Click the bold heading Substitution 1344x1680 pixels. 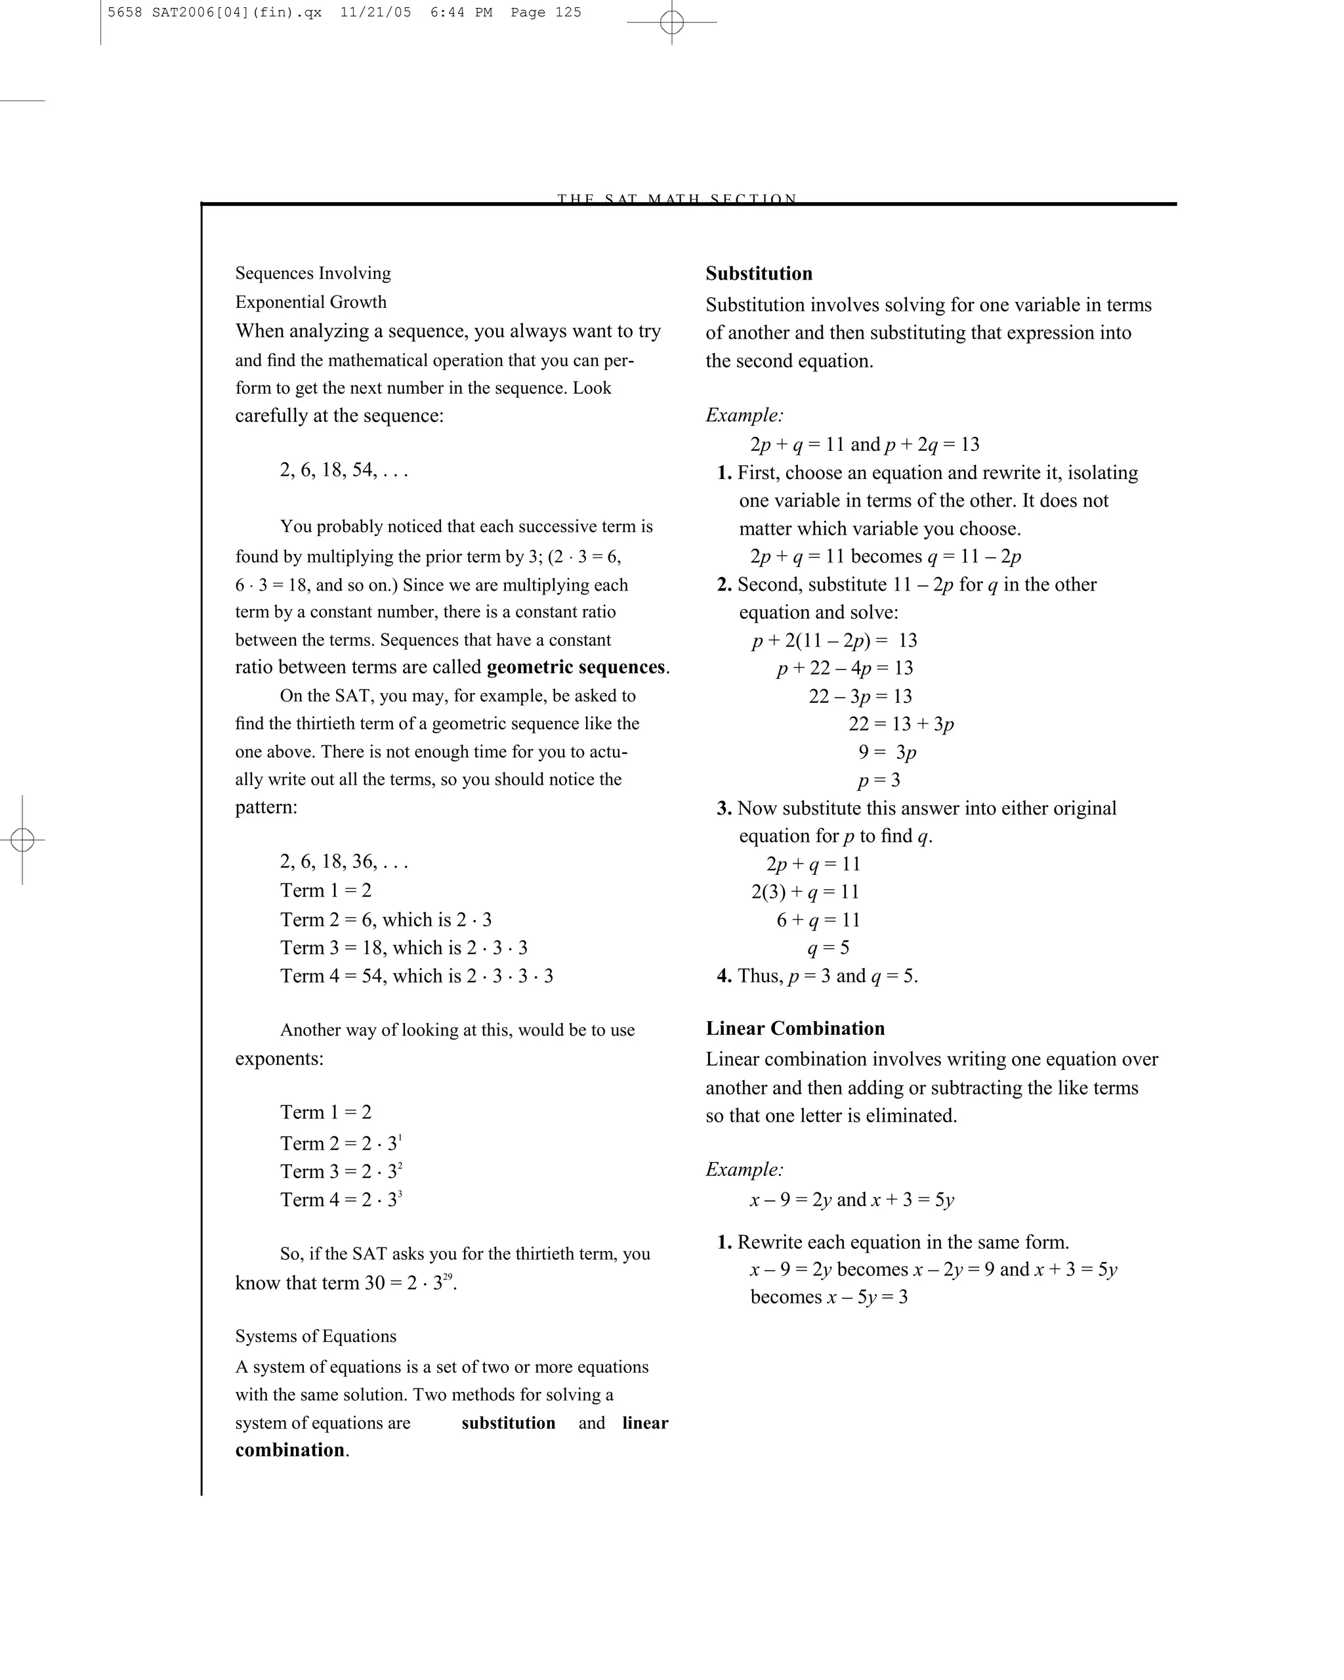pos(758,274)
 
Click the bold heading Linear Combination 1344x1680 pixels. pos(795,1028)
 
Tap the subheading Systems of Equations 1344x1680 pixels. pos(316,1336)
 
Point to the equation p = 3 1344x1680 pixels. pos(878,780)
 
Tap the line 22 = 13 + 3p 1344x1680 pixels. pos(900,724)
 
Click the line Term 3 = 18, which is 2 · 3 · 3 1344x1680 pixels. pos(404,948)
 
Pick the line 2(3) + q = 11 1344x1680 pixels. pos(805,892)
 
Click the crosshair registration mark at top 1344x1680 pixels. pos(671,22)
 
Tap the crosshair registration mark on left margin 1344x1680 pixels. pos(22,840)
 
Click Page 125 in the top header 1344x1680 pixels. pos(545,12)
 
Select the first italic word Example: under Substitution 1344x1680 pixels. pos(744,415)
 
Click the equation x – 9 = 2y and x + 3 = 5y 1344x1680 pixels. pos(852,1200)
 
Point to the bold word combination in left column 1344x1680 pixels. pos(290,1450)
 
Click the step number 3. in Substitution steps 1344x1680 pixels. pos(724,809)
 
